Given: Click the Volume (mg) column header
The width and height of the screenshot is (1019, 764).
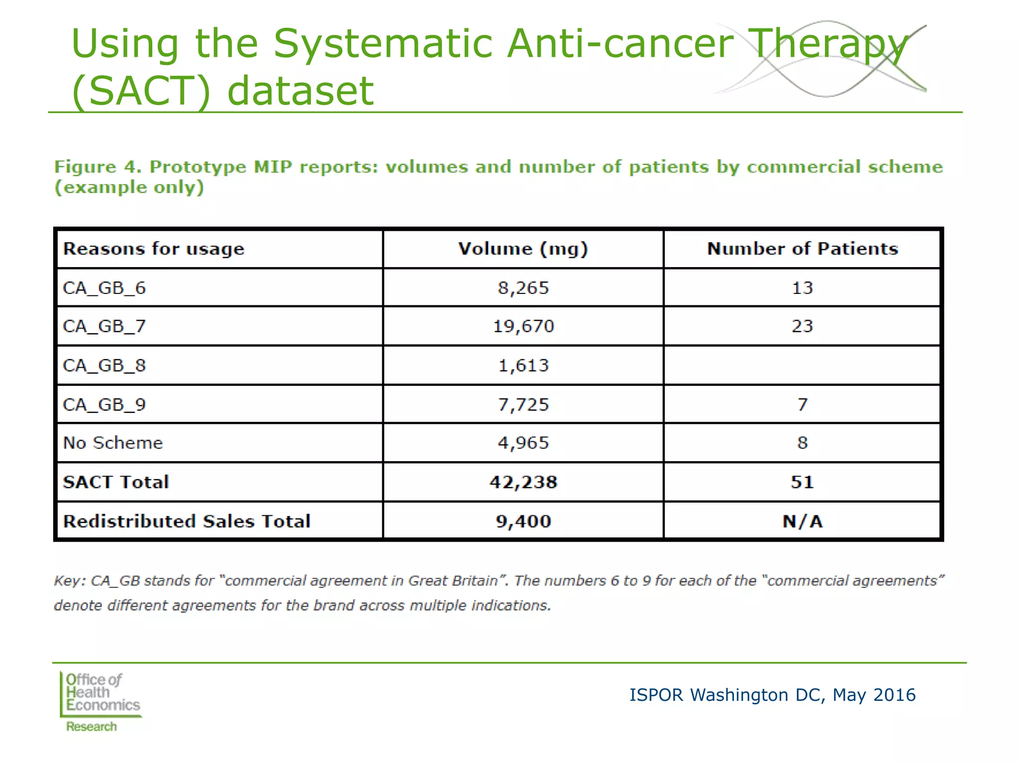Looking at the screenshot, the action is [523, 249].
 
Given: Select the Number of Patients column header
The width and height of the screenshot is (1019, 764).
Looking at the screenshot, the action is [803, 249].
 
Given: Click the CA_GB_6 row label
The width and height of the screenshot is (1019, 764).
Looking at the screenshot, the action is [104, 288].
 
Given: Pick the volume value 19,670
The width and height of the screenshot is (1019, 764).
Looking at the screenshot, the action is [523, 326].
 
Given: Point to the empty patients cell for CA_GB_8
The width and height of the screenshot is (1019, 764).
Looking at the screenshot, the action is [802, 365].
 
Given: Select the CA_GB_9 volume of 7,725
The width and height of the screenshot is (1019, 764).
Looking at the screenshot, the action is [523, 404].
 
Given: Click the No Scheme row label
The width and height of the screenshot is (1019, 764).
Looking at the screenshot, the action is [113, 443].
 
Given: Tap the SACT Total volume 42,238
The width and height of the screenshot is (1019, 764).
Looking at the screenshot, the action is [523, 482].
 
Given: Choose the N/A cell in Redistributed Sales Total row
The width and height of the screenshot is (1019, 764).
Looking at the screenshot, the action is [803, 521].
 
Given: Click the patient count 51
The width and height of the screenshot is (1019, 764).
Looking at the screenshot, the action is [803, 482].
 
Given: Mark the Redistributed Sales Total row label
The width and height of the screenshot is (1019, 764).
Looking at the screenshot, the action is [187, 521].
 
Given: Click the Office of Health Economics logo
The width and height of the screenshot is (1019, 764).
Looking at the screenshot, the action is [101, 701].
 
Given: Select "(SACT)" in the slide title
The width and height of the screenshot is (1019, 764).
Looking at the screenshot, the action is [141, 91].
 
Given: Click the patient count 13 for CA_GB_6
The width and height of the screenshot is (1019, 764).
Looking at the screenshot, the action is [803, 288].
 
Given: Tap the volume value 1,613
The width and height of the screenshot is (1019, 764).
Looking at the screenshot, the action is [523, 366].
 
